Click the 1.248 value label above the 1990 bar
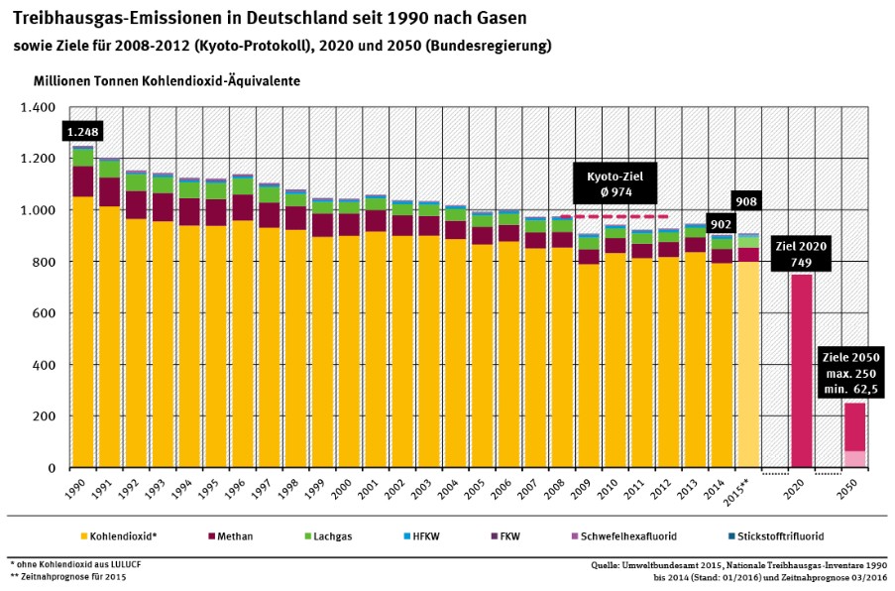tap(85, 132)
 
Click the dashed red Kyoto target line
tap(615, 216)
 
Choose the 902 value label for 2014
tap(721, 225)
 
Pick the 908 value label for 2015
tap(746, 202)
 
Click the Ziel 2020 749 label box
tap(801, 253)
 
